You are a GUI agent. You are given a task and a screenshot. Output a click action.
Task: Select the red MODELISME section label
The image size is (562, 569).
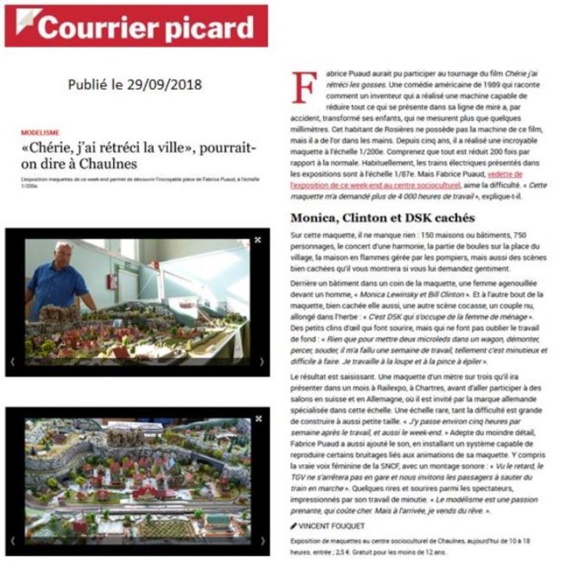coord(40,133)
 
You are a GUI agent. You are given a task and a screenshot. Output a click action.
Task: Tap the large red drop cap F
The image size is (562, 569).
coord(303,89)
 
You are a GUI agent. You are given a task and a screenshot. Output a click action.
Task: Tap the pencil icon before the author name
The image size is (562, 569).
coord(293,526)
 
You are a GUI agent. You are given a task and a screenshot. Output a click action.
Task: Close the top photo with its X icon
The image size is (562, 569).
coord(258,240)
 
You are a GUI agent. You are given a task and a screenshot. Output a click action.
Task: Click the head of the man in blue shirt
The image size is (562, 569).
coord(64,250)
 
